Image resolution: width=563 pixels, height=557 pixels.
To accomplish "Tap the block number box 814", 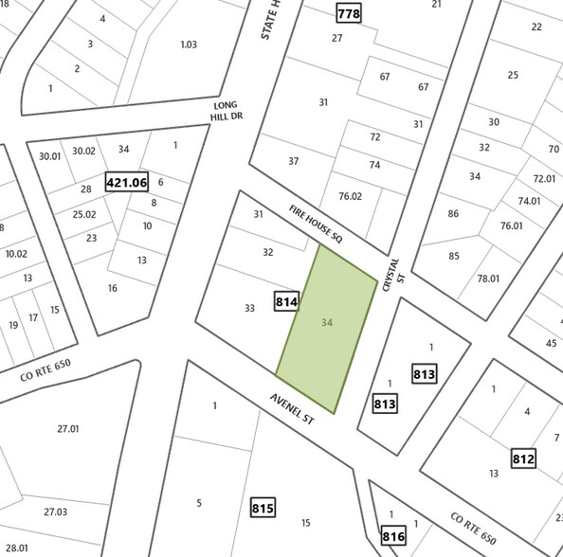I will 287,302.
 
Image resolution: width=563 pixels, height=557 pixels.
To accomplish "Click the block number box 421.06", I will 127,182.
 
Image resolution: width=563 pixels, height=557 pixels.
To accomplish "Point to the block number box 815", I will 263,508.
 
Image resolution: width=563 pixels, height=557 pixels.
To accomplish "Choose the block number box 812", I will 523,459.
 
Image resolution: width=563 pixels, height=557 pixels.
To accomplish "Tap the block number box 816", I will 393,536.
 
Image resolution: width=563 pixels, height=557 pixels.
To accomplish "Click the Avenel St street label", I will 292,410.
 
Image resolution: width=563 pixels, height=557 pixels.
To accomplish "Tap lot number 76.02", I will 350,196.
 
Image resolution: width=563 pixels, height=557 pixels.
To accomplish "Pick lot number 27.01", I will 67,428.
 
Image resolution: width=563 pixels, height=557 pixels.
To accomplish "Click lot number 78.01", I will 488,278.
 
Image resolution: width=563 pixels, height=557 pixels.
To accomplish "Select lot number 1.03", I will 189,45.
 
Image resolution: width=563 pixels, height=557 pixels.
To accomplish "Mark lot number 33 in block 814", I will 249,308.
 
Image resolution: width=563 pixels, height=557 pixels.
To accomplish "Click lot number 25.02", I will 84,214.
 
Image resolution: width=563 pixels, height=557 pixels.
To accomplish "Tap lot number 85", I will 453,256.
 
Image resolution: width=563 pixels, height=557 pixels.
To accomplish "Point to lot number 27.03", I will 55,512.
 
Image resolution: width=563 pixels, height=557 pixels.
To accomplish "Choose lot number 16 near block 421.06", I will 112,288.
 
